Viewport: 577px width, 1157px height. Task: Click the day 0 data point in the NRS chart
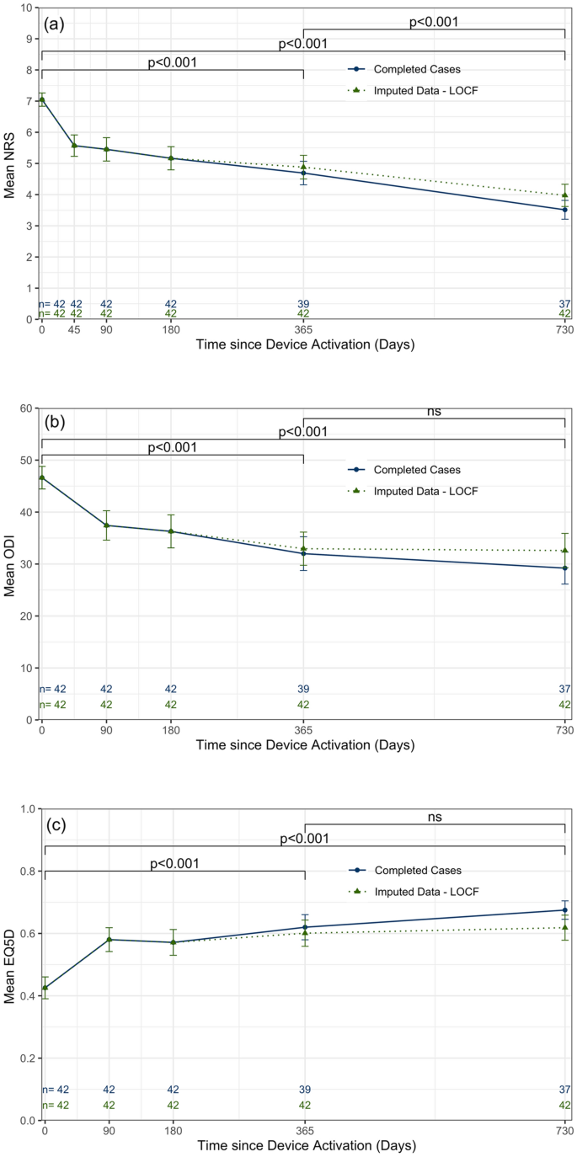41,99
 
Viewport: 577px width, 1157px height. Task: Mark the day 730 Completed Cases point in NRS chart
564,210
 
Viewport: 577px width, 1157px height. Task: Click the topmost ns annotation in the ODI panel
434,412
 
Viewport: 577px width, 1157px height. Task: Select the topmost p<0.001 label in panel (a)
434,22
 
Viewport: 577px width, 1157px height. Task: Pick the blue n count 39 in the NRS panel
303,304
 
